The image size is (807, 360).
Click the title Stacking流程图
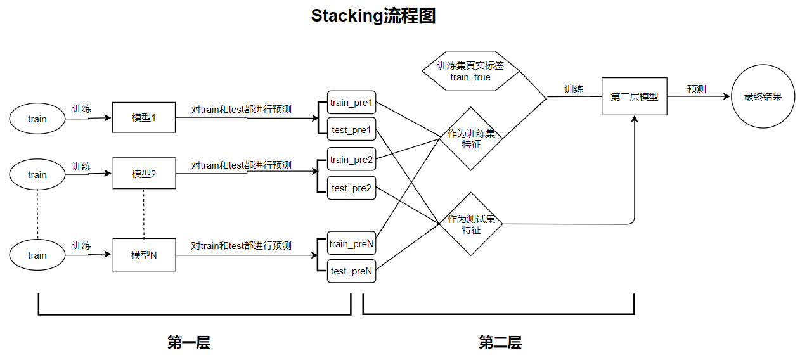[373, 16]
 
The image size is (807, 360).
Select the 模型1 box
[144, 117]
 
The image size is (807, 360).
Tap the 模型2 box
[144, 174]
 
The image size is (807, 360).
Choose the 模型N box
[144, 255]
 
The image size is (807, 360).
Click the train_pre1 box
[351, 103]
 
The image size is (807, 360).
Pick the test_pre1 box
[351, 130]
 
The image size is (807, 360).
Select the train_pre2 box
[351, 159]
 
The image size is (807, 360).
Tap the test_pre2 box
[351, 188]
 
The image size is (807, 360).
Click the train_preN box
[351, 243]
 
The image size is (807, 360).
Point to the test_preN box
[351, 271]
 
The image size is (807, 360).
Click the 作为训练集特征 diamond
[471, 139]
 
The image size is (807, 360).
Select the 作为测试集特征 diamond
[471, 224]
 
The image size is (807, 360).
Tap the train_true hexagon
[470, 71]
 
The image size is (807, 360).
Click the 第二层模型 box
[634, 97]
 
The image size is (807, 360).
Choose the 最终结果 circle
[763, 97]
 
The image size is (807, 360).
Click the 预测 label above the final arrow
[696, 89]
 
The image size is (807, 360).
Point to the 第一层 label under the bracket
[188, 343]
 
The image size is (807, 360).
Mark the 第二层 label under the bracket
[500, 343]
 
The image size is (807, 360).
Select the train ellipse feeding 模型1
[37, 119]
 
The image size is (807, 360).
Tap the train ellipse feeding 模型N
[37, 255]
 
